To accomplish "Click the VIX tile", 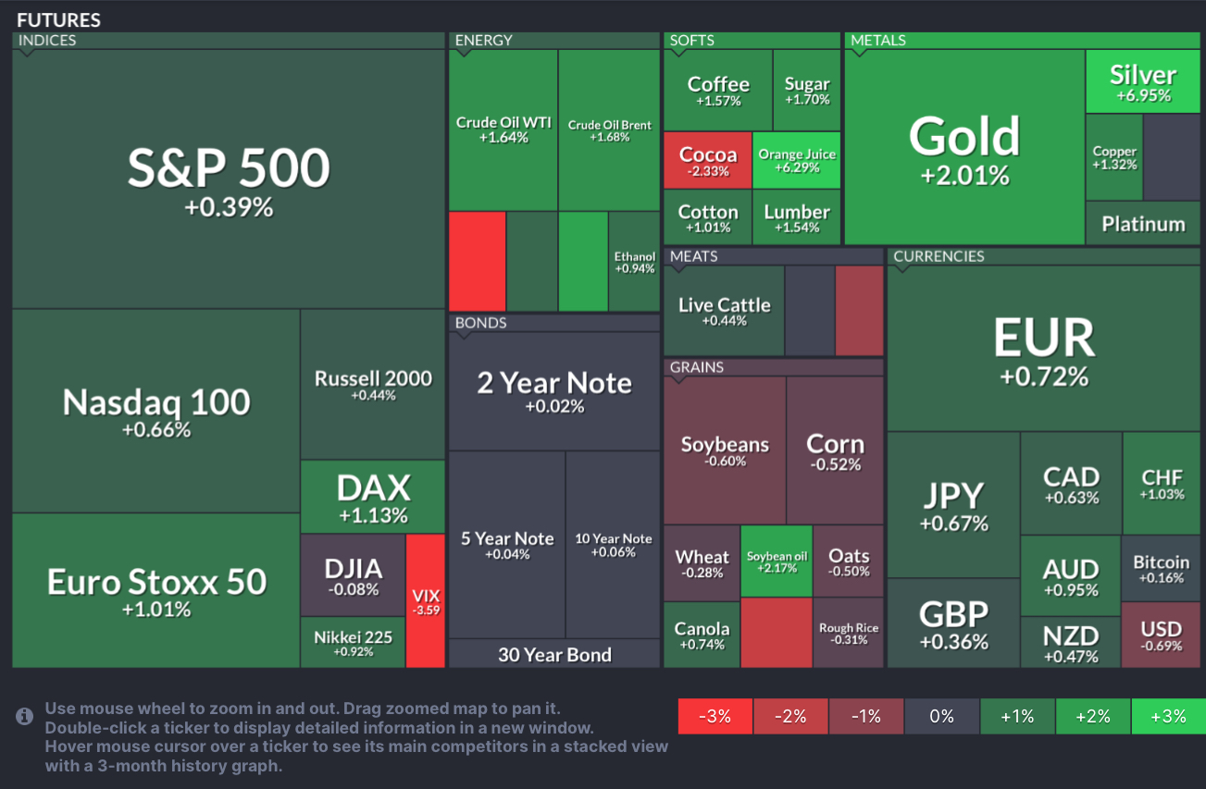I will coord(426,600).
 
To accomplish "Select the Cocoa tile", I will coord(708,161).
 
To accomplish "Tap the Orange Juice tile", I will coord(797,161).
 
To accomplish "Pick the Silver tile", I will coord(1143,81).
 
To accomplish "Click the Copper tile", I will coord(1114,157).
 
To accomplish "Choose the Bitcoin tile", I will coord(1162,569).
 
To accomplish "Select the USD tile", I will coord(1162,635).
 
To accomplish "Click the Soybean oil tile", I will coord(777,561).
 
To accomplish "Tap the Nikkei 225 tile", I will coord(353,642).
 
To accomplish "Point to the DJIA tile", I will coord(353,575).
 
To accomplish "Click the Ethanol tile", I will coord(634,262).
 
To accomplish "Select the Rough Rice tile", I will coord(849,633).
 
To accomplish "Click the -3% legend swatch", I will coord(715,717).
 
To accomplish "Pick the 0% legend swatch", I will coord(941,717).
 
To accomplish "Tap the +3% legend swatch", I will coord(1167,717).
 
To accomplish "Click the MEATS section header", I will coord(694,256).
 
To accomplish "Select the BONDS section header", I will coord(481,323).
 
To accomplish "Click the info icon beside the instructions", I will coord(25,717).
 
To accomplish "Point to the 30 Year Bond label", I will coord(554,655).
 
